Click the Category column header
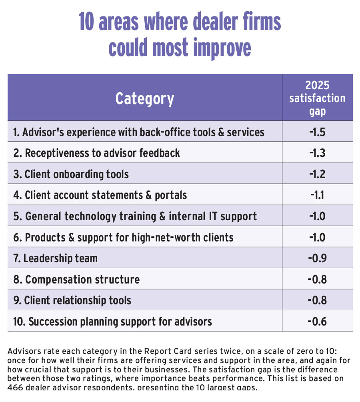pos(144,98)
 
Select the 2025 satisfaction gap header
pos(317,98)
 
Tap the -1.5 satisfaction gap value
pos(317,132)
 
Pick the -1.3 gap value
pos(317,153)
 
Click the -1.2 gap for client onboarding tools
pos(317,174)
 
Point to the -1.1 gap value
pos(318,195)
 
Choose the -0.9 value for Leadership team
pos(317,258)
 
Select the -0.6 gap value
pos(317,321)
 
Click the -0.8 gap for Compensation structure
pos(317,279)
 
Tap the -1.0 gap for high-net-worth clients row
pos(317,237)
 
